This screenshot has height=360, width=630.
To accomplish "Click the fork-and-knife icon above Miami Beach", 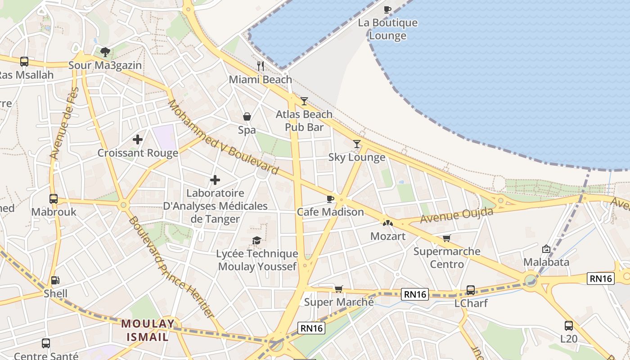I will tap(261, 66).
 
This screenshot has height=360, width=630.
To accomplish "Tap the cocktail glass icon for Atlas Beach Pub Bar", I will tap(304, 101).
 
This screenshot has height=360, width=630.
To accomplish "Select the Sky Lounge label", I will tap(356, 157).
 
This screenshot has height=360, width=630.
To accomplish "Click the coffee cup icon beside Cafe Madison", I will tap(330, 199).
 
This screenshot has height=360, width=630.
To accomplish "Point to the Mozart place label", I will tap(387, 236).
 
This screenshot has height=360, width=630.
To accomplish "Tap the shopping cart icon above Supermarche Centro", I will tap(446, 238).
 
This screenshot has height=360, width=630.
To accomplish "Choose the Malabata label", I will tap(546, 262).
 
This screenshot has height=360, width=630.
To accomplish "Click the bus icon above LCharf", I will tap(471, 290).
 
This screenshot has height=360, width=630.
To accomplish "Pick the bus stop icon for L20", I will tap(569, 325).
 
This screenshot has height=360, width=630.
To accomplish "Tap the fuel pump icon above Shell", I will tap(55, 280).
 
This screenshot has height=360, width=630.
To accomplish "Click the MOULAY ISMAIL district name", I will tap(148, 330).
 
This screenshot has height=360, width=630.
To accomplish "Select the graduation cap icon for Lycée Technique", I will tap(256, 241).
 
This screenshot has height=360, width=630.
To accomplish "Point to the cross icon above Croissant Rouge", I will tap(138, 139).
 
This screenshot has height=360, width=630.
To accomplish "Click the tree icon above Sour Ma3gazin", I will tap(105, 52).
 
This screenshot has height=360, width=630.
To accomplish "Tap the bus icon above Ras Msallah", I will tap(24, 62).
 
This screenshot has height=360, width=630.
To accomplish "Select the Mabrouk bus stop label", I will tap(54, 211).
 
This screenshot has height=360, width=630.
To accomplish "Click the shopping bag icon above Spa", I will tap(247, 117).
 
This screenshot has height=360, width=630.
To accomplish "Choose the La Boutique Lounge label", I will tap(387, 29).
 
